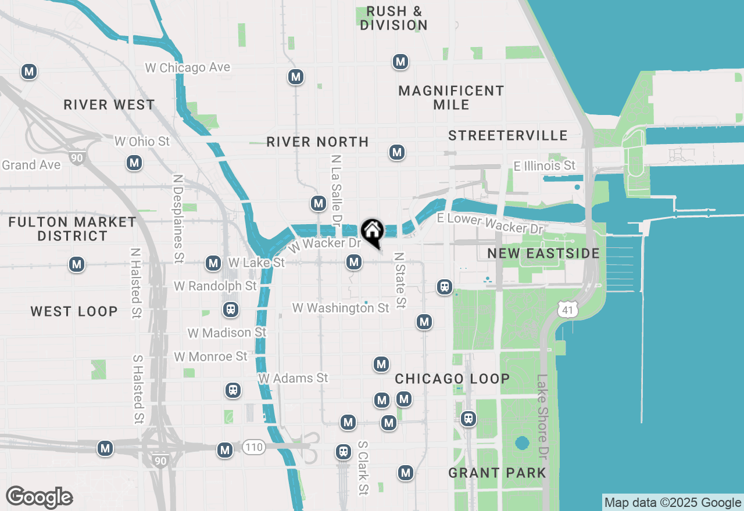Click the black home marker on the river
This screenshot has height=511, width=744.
372,232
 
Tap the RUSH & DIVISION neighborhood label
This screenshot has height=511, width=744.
394,18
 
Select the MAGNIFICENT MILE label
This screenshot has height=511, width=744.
451,98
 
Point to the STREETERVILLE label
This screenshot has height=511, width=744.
507,135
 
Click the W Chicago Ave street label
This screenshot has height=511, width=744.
187,67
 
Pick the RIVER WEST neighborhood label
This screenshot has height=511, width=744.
109,105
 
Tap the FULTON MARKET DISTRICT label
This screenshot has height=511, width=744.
73,229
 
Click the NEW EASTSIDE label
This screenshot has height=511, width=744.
543,253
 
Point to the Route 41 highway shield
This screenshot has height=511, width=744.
567,309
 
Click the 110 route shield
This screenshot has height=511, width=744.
254,447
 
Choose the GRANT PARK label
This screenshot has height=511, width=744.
497,473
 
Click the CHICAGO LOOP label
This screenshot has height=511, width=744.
452,379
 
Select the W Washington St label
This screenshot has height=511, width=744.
341,308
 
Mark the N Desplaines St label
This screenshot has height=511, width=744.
178,217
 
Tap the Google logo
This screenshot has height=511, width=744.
39,497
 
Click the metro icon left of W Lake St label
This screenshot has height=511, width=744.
213,264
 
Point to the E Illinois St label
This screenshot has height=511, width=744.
545,165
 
